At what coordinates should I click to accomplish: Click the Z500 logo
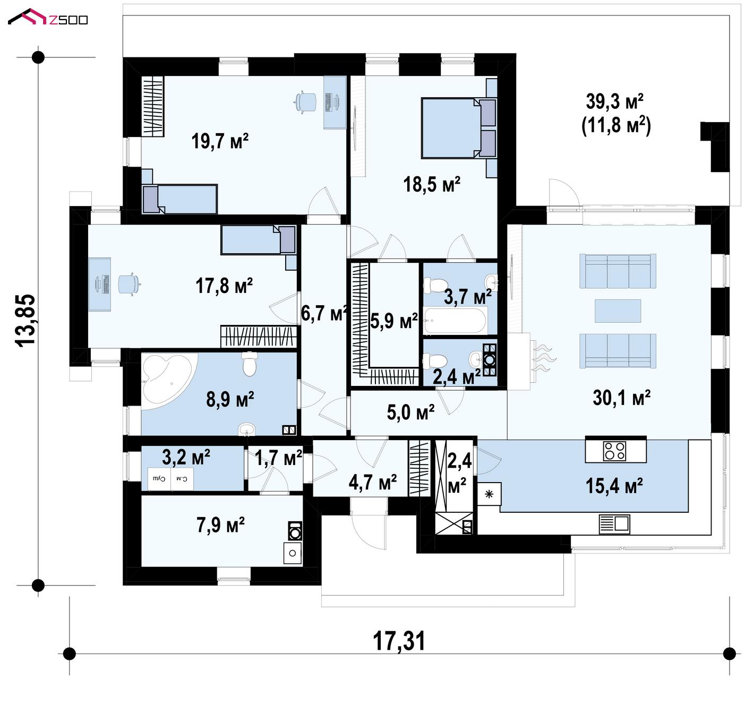(48, 17)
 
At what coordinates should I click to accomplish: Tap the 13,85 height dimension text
(25, 320)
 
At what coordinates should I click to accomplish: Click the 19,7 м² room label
(220, 141)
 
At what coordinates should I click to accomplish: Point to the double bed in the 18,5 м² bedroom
(458, 128)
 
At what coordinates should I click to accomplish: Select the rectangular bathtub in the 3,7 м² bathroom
(455, 321)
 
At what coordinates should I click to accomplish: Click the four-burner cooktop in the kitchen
(615, 451)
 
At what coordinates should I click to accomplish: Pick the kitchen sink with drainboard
(614, 525)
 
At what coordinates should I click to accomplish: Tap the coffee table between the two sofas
(618, 311)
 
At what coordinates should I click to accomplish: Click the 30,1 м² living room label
(621, 398)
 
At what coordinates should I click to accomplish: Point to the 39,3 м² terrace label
(615, 101)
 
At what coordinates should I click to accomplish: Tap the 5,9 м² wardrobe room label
(394, 321)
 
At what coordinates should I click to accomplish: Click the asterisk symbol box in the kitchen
(489, 494)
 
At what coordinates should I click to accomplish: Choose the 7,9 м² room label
(220, 525)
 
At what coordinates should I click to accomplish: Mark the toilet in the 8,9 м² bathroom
(250, 364)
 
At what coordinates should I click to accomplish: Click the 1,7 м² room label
(279, 458)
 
